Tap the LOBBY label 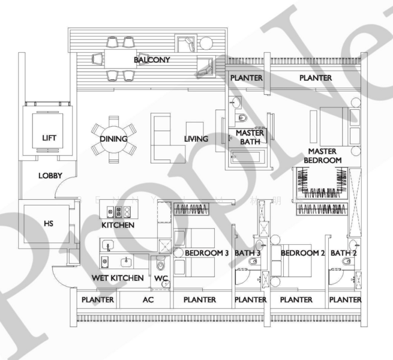pos(50,176)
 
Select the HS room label pos(49,223)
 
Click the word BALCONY pos(152,60)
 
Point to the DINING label pos(113,139)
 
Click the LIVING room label pos(196,139)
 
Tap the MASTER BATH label pos(247,137)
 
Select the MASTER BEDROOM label pos(322,155)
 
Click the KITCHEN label pos(118,225)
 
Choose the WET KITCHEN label pos(118,278)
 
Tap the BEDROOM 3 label pos(207,253)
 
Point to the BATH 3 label pos(247,253)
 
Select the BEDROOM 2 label pos(303,253)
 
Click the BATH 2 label pos(344,253)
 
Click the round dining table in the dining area pos(114,139)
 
